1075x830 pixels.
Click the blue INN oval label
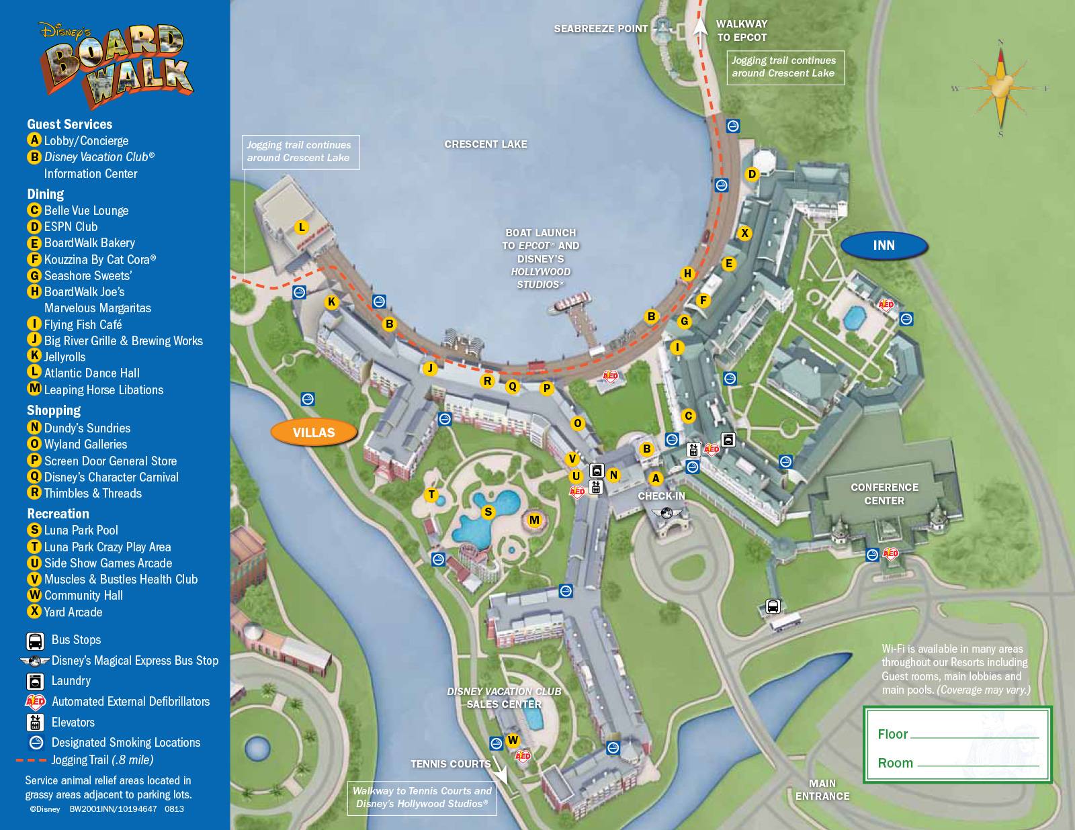click(x=884, y=246)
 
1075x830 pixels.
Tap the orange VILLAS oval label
click(x=313, y=432)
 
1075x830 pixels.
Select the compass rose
click(x=1000, y=88)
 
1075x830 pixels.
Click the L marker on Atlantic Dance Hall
click(x=302, y=227)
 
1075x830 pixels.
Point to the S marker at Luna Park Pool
click(x=488, y=512)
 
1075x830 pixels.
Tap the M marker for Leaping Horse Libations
click(x=534, y=520)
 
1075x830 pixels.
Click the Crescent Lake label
click(x=485, y=144)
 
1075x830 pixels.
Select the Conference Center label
click(x=884, y=494)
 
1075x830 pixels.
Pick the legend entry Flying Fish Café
click(x=83, y=324)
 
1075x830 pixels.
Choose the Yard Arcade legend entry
click(x=73, y=612)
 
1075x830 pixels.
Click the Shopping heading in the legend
click(x=54, y=410)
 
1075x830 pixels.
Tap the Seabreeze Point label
click(x=600, y=29)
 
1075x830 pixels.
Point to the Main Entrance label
click(x=822, y=790)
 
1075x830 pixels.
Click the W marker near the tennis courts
click(x=513, y=741)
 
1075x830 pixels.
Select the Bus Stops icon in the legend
click(x=35, y=641)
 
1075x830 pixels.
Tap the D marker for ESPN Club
click(x=752, y=175)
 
